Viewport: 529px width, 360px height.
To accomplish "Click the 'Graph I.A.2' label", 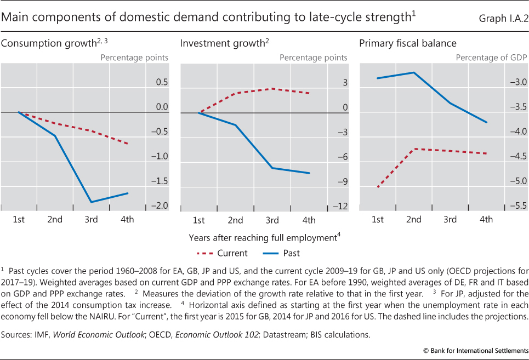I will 499,18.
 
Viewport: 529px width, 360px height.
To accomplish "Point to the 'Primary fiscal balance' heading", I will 408,43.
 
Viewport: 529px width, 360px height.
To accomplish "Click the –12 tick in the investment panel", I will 341,206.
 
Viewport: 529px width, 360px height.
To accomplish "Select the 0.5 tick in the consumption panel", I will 161,82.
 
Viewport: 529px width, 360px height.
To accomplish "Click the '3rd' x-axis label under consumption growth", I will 91,220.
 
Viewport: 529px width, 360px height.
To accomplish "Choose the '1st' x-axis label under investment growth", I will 198,220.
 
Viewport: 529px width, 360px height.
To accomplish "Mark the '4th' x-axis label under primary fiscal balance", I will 486,220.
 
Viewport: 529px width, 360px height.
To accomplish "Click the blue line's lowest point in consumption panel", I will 91,202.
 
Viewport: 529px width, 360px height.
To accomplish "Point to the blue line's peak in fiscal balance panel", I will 414,72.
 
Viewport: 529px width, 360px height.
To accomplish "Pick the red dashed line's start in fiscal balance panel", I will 378,187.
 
